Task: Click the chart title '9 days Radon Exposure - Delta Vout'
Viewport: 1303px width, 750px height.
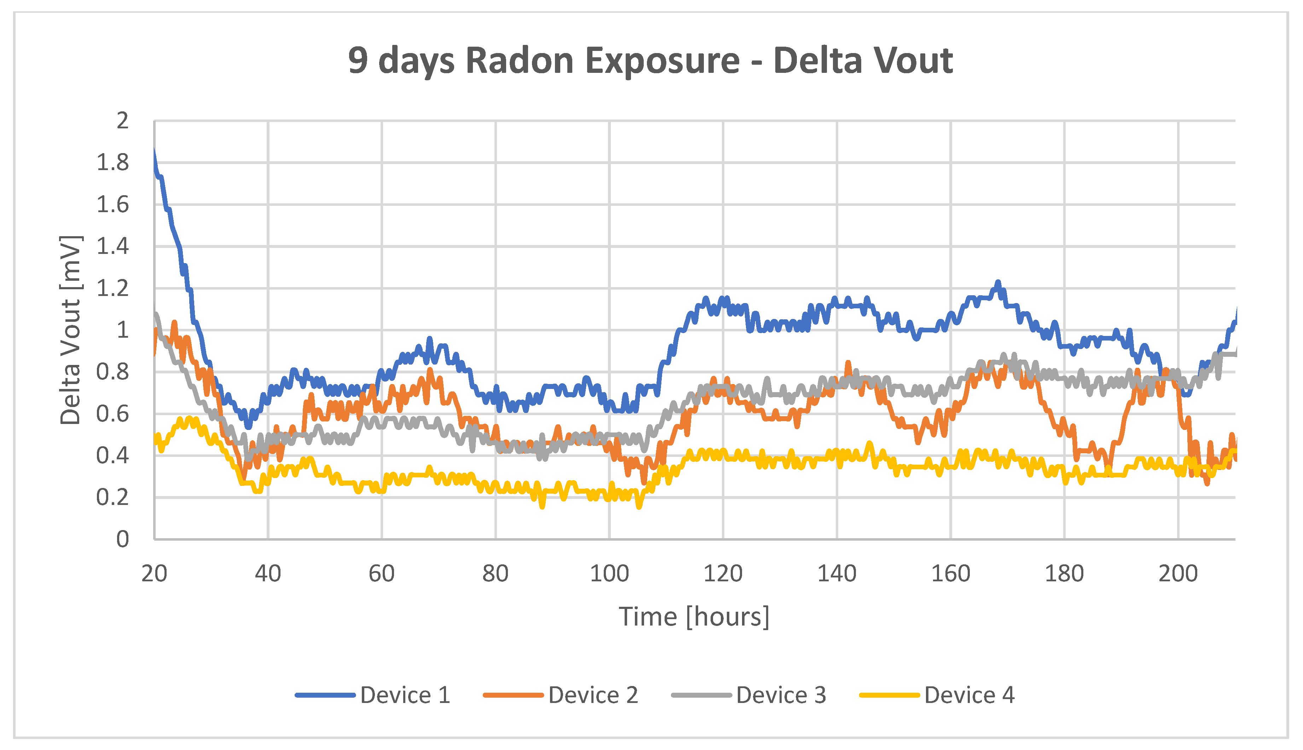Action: click(x=650, y=61)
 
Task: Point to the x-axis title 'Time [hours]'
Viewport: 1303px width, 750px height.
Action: click(x=694, y=617)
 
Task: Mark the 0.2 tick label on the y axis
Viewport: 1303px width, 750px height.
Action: click(x=113, y=498)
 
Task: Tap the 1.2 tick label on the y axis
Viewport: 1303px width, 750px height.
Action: click(x=113, y=289)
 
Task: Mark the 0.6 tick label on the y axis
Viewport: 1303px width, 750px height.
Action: click(x=113, y=414)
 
